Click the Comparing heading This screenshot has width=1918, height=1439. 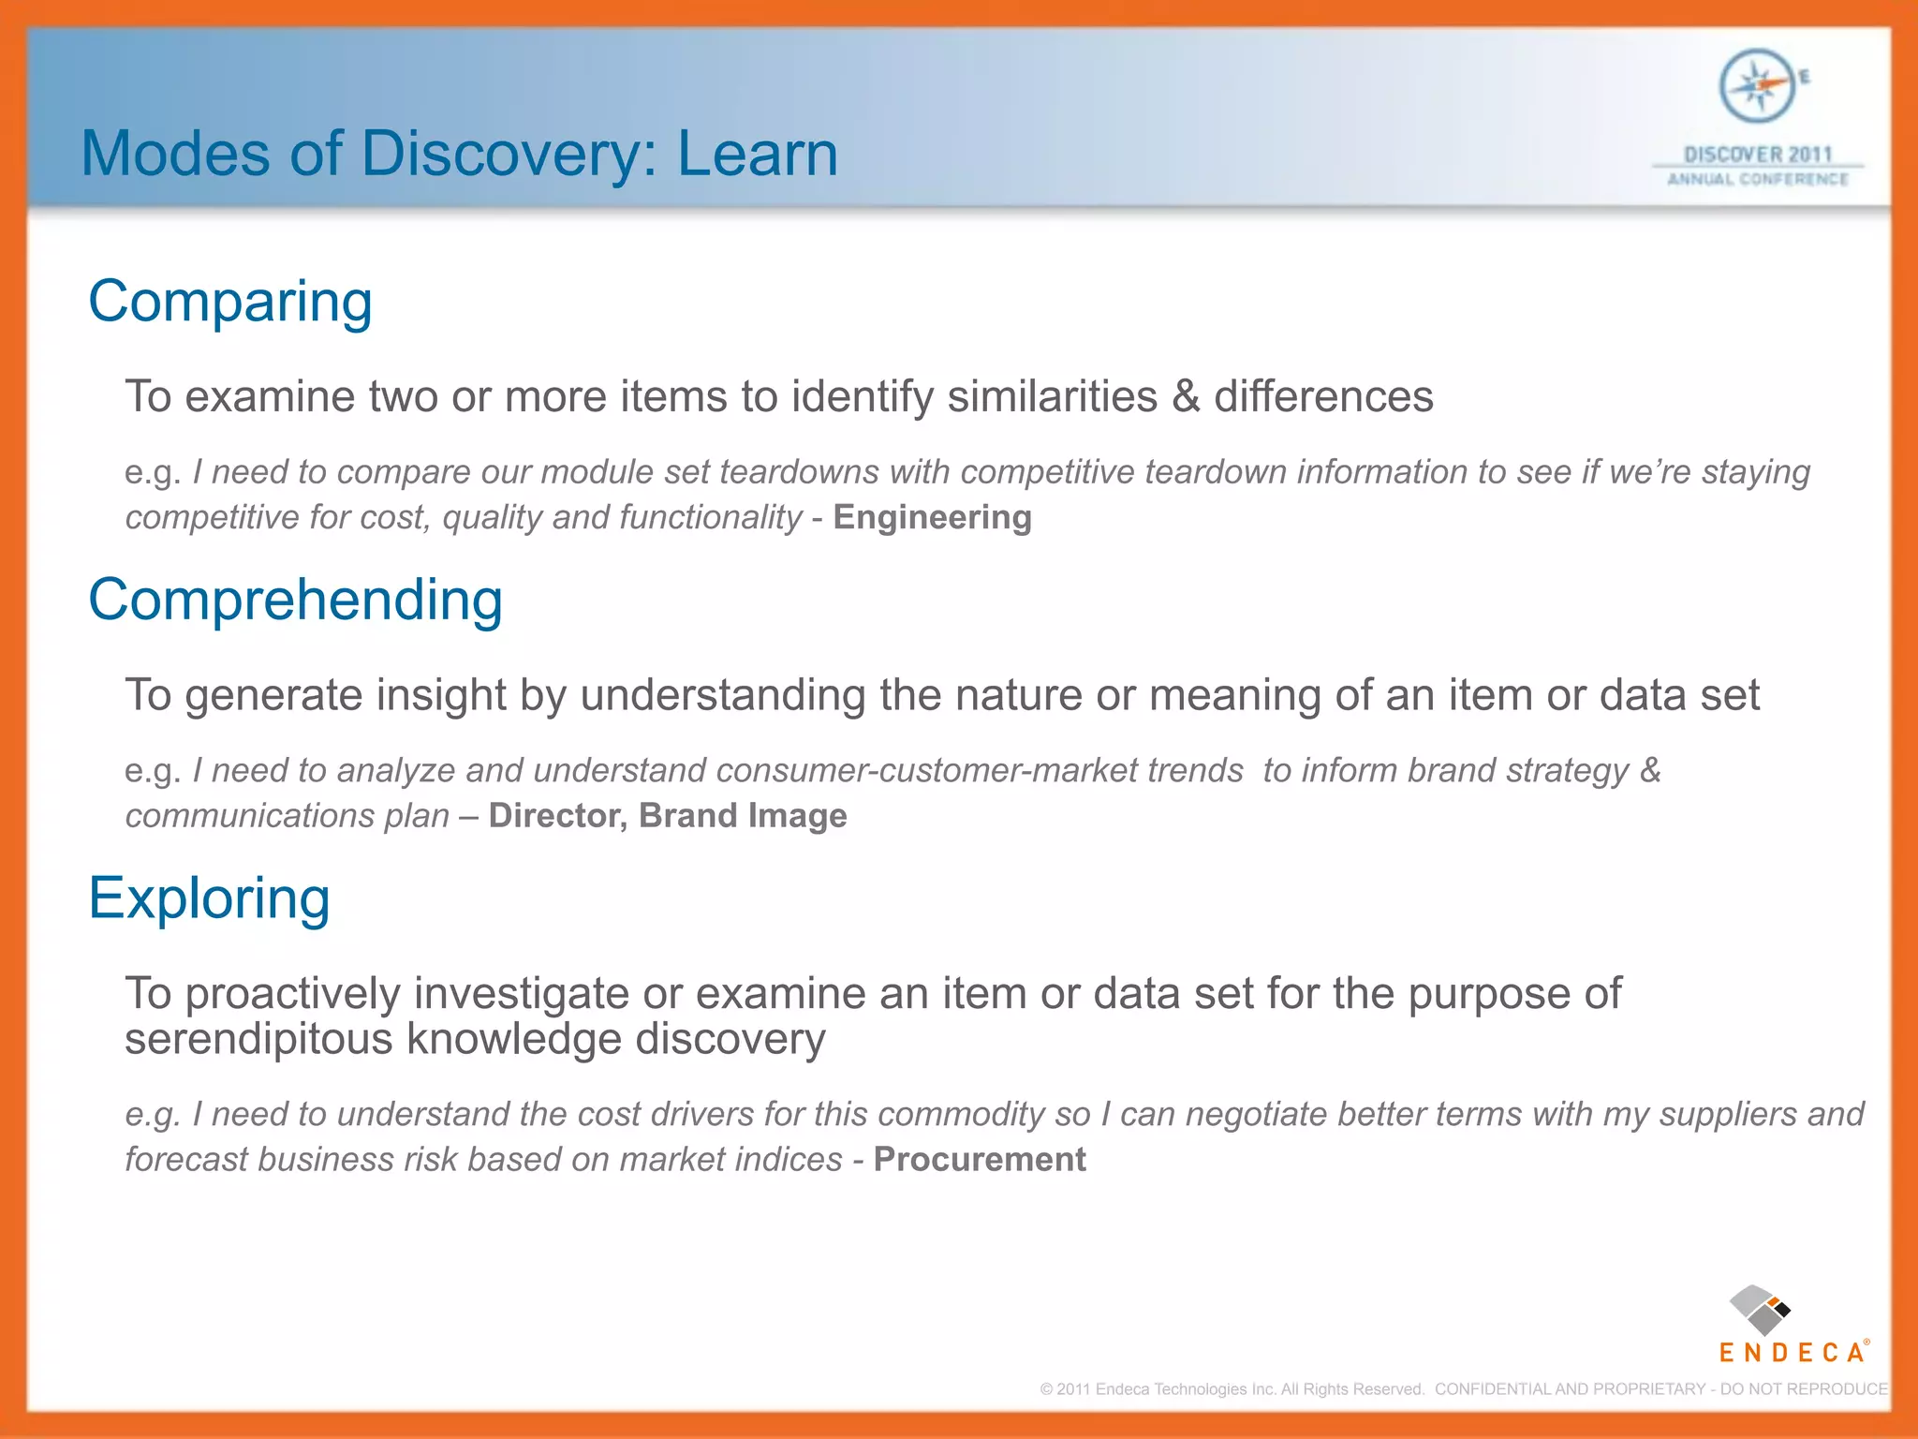[230, 304]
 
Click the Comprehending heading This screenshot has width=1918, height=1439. [295, 601]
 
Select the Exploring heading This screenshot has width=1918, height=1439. [209, 898]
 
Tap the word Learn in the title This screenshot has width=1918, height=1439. [757, 154]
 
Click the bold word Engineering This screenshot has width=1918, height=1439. [932, 517]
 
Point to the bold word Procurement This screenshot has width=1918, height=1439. [979, 1160]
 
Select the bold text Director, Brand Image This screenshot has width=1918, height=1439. [667, 816]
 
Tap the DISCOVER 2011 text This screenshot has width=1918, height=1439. [1757, 155]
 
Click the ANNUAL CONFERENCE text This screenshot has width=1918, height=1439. [1757, 179]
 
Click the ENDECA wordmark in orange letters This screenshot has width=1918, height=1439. [1791, 1353]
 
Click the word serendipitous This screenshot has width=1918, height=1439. [258, 1040]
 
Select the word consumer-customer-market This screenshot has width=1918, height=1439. [979, 771]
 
